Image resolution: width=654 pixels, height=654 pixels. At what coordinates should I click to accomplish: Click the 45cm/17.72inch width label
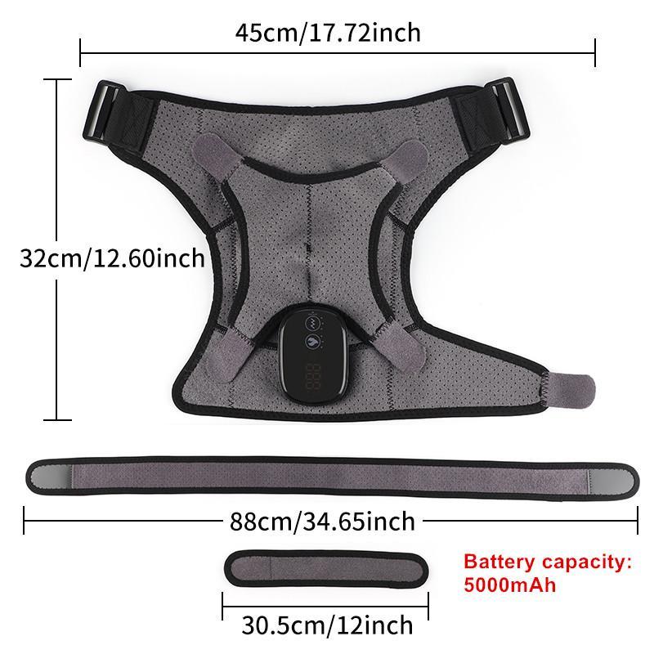tap(327, 33)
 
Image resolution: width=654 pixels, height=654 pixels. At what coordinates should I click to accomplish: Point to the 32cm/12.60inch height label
tap(112, 258)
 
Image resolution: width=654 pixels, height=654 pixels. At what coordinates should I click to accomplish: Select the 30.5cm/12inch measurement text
tap(327, 625)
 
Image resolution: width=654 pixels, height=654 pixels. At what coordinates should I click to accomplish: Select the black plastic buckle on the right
tap(507, 106)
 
